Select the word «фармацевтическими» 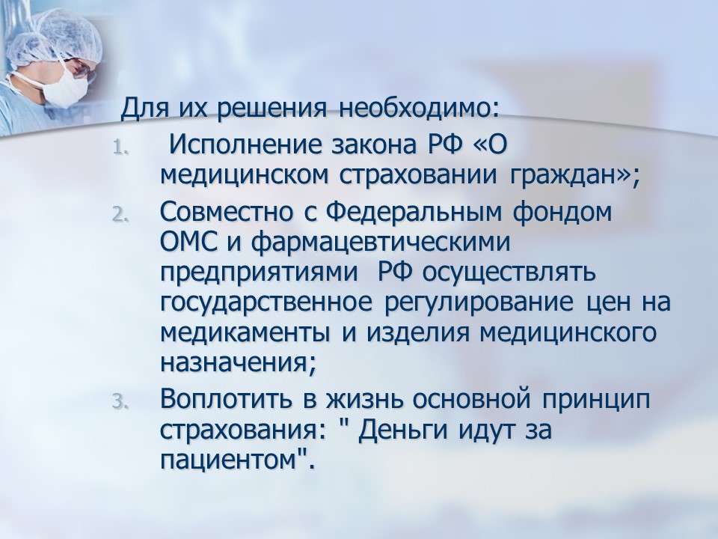[380, 243]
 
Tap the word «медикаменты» [245, 333]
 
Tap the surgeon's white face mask [64, 86]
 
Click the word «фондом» [562, 213]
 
